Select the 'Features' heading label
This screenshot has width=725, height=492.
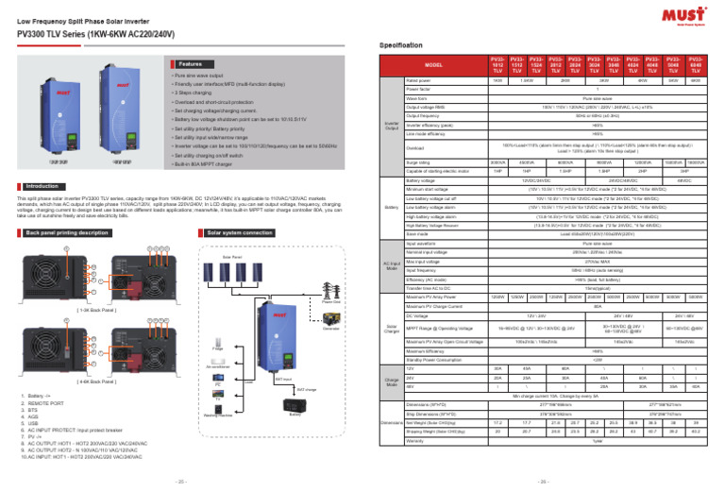[x=189, y=63]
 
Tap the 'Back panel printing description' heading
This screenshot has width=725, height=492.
[x=67, y=231]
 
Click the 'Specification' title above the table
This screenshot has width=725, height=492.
[x=403, y=44]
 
